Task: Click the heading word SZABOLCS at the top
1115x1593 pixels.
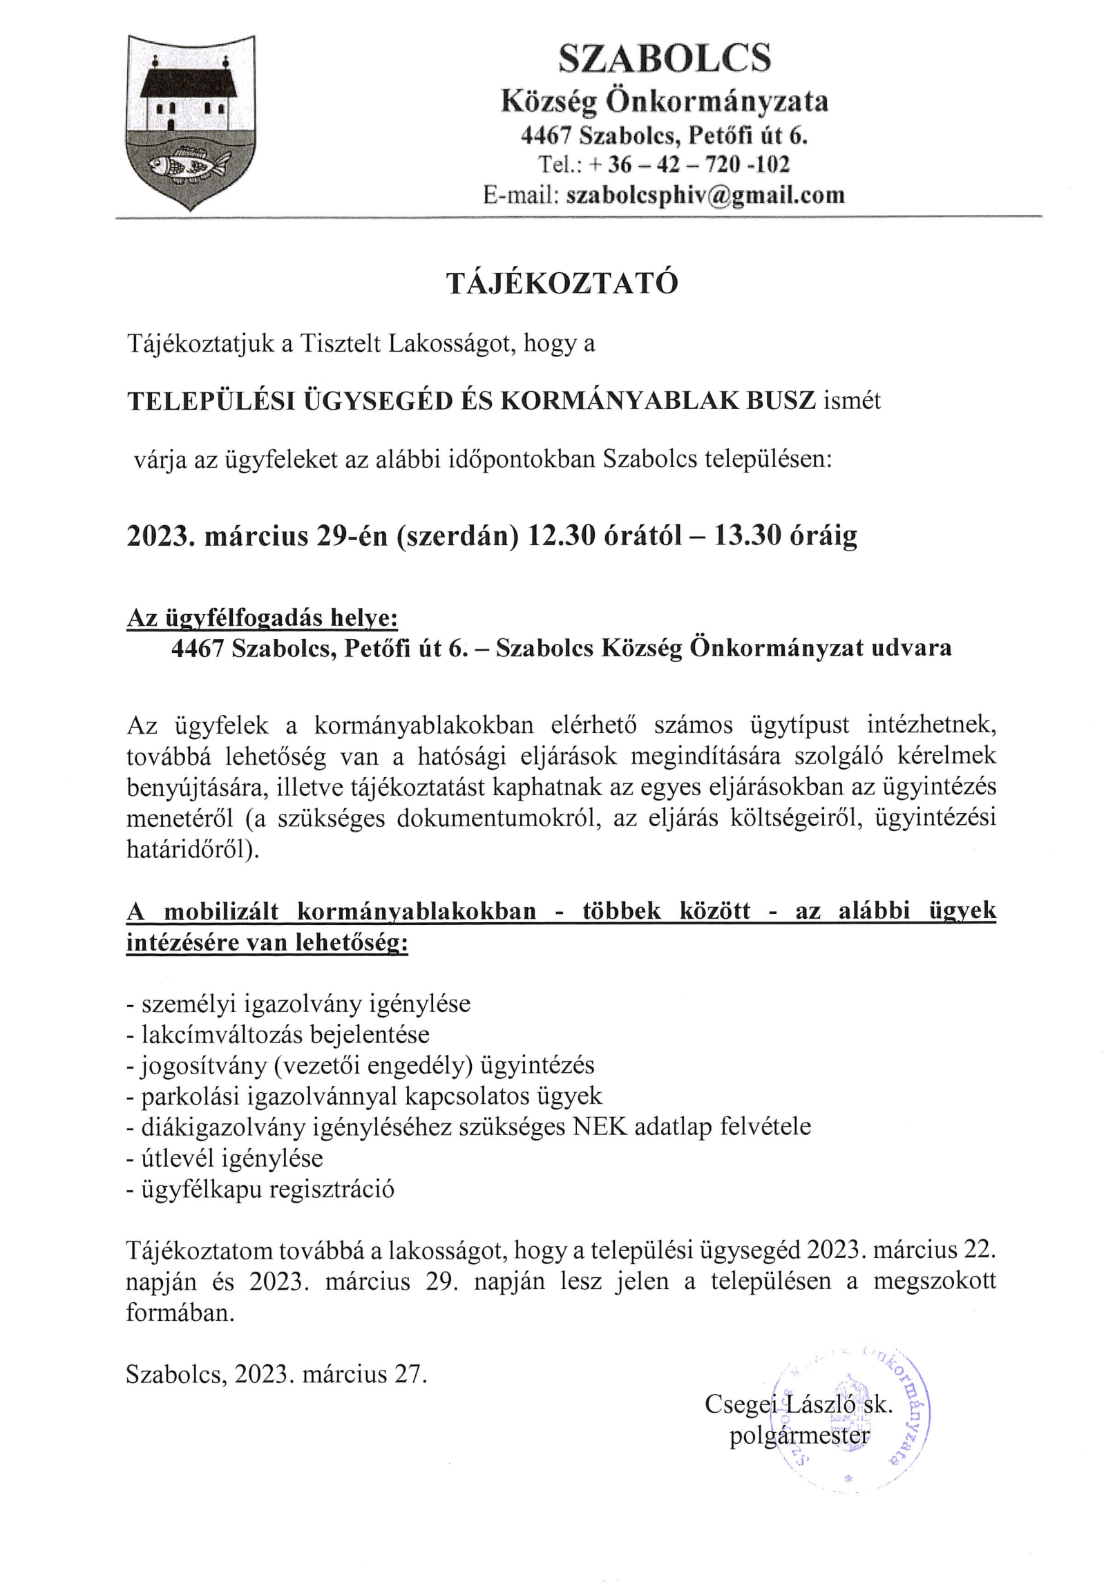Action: point(664,58)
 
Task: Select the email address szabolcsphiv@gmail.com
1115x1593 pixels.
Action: point(705,195)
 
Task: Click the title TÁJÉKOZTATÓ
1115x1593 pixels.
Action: point(562,283)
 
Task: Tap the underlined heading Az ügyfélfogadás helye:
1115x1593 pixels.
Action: point(263,617)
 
